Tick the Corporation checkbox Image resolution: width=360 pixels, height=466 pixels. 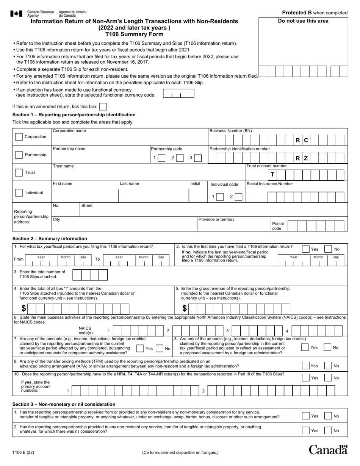coord(19,137)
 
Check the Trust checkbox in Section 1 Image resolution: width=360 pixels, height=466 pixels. coord(19,172)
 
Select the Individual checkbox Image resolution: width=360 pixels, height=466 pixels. coord(19,192)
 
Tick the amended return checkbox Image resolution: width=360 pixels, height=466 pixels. coord(103,107)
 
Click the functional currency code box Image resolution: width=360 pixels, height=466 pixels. coord(178,94)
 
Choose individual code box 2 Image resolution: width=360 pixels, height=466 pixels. coord(238,197)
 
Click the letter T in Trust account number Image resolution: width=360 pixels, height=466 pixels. coord(272,174)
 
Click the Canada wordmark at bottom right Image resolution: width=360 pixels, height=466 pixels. coord(328,450)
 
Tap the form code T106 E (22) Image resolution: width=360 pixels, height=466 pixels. coord(23,452)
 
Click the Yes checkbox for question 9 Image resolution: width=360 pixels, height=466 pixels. coord(305,366)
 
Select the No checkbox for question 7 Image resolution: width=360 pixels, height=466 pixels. coord(160,349)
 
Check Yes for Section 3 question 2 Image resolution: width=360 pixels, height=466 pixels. coord(305,430)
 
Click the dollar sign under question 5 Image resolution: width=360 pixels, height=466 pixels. coord(185,308)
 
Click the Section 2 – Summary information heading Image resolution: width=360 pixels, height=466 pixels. coord(50,239)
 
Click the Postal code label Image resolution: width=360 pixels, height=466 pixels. coord(278,226)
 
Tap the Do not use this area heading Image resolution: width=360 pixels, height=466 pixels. coord(303,21)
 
